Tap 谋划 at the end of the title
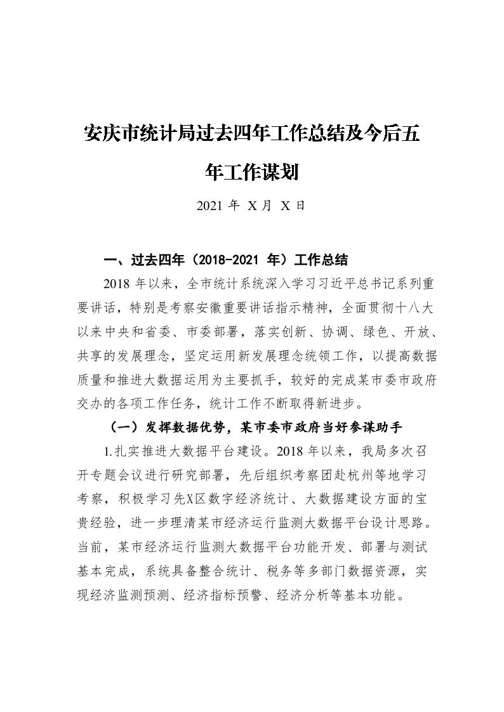click(x=281, y=171)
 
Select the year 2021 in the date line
click(x=209, y=206)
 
